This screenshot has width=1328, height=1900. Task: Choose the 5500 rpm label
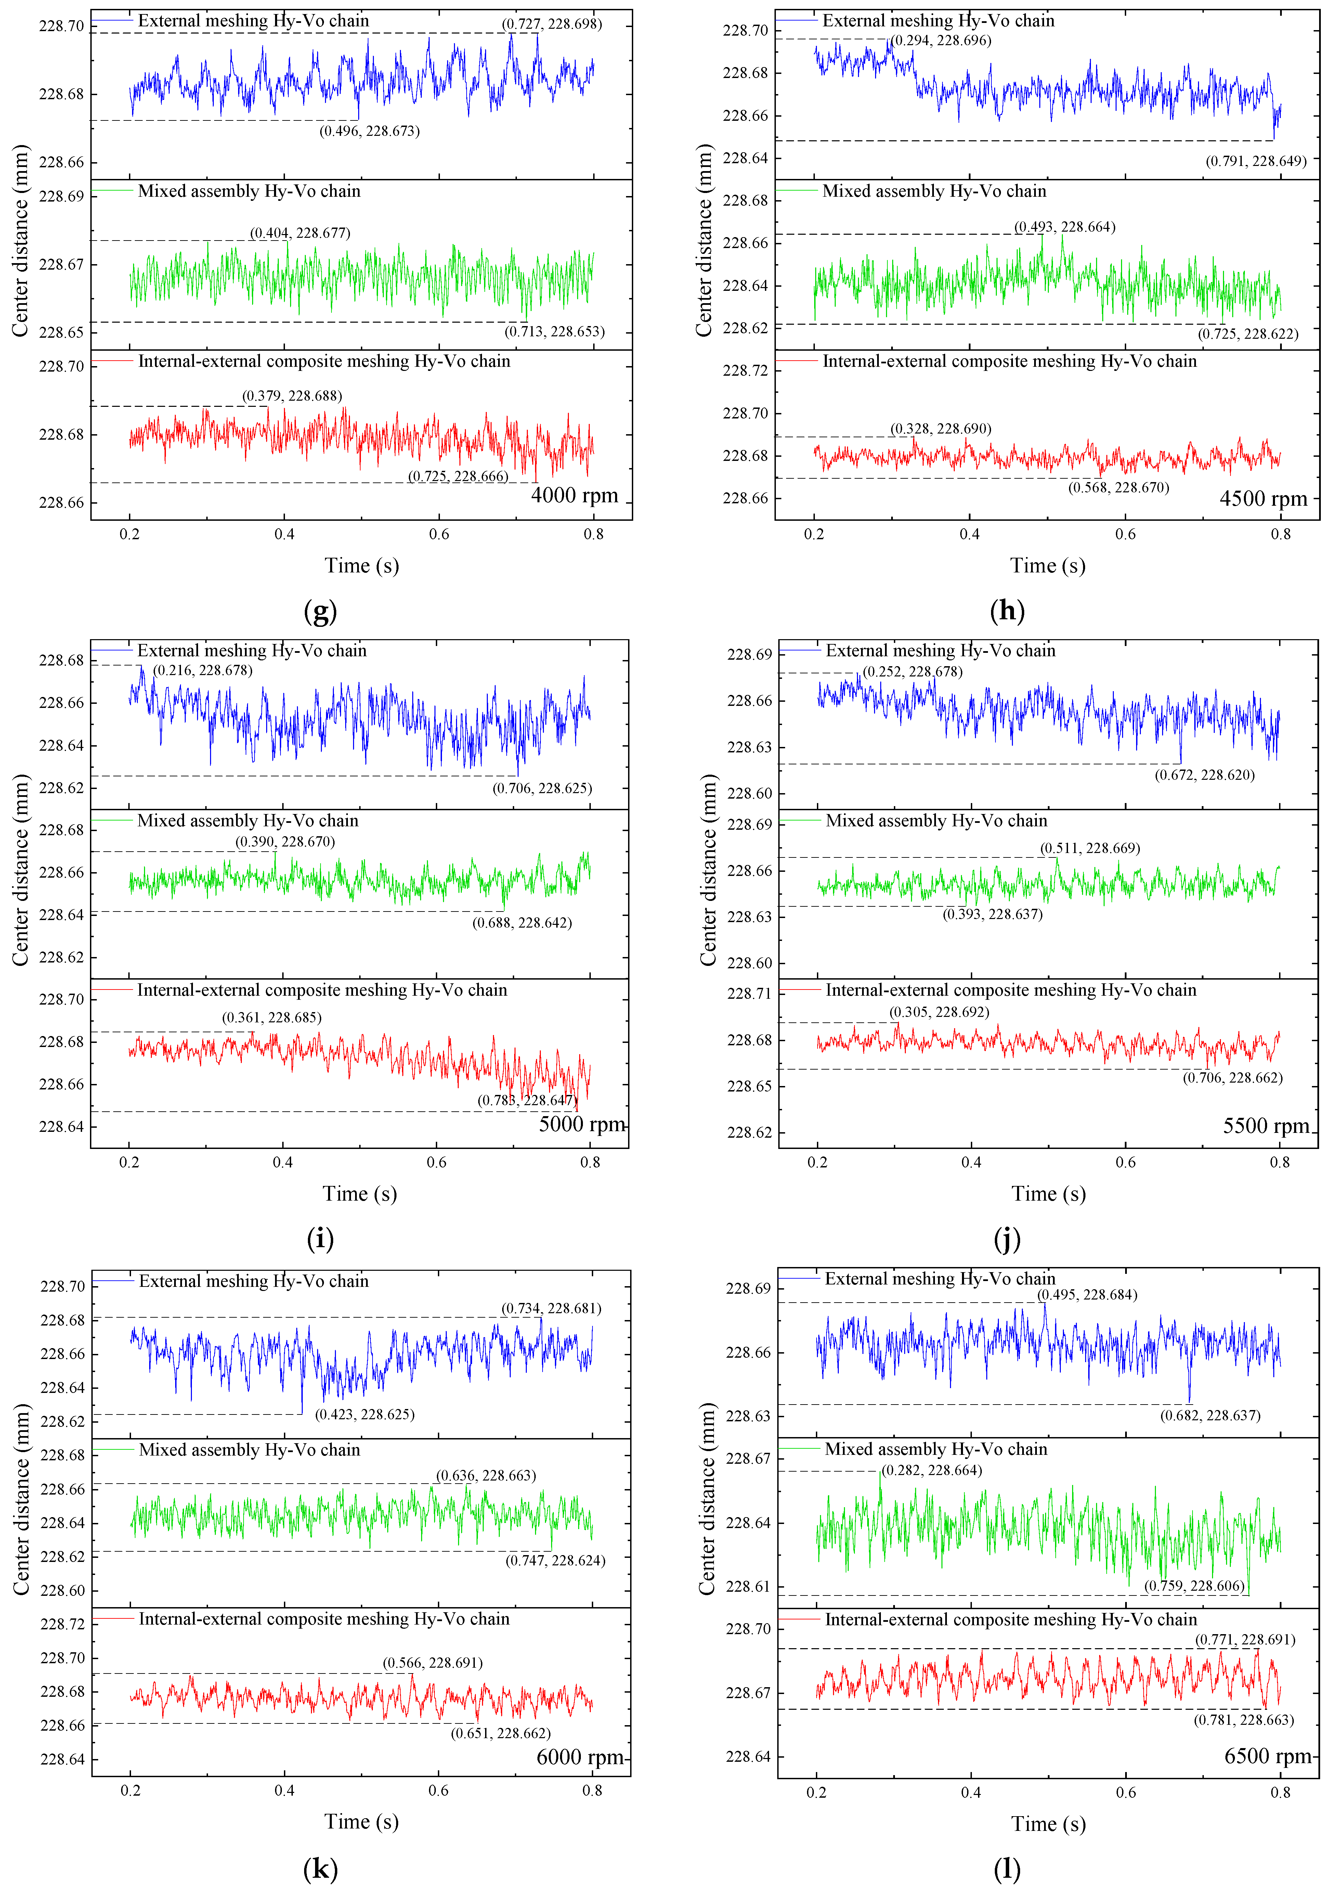pos(1266,1126)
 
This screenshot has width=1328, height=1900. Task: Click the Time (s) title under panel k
pos(362,1821)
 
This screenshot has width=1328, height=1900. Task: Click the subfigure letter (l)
pos(1007,1869)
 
